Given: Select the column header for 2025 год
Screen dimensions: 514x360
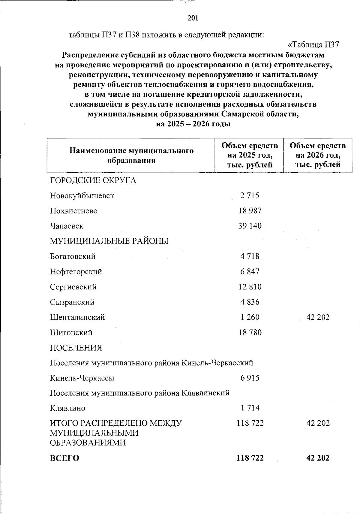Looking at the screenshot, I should (250, 155).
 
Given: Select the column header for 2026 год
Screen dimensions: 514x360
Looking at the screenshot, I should (318, 155).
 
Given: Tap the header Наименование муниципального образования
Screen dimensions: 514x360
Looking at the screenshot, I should (131, 155).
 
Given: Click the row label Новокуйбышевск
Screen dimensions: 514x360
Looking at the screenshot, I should (82, 196).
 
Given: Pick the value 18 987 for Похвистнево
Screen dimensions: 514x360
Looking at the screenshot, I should (250, 211).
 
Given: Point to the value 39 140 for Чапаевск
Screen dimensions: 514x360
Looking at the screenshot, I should (250, 226).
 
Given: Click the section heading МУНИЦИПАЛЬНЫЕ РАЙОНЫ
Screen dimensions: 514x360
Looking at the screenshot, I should (109, 241).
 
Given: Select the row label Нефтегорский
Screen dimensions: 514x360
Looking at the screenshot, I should (76, 272).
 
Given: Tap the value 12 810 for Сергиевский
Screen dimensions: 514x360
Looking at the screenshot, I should (250, 287).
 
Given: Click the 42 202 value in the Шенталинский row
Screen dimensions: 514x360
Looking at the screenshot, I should (318, 317).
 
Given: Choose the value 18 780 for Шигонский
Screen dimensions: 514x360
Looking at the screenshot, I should (250, 333).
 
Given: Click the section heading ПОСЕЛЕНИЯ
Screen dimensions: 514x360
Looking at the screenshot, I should (76, 348).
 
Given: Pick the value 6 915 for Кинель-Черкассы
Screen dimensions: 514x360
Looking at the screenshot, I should (250, 378).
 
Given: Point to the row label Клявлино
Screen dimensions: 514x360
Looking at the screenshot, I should (67, 408).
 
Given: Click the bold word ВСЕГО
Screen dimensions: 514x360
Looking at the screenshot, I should (64, 458).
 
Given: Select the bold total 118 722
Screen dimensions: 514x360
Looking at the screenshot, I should (250, 458).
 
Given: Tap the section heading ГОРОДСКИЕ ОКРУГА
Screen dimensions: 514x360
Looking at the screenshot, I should (93, 180).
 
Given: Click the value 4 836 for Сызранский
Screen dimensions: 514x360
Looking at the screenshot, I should (250, 302).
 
